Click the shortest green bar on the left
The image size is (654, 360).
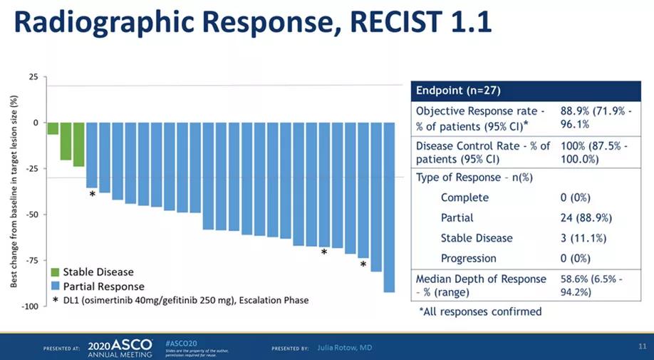pos(53,128)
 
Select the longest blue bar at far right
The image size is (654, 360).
pos(389,207)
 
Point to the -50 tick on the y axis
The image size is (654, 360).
pos(33,214)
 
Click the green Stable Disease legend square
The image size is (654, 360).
pos(55,272)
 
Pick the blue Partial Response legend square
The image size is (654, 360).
pos(55,287)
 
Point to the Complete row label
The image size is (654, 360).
pos(464,197)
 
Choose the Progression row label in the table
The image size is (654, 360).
pos(468,258)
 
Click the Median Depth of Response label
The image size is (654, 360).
pos(481,279)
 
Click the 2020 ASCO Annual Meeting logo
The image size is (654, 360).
pos(119,348)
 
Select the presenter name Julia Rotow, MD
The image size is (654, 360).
pos(344,347)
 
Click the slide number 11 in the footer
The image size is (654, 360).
pos(641,346)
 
